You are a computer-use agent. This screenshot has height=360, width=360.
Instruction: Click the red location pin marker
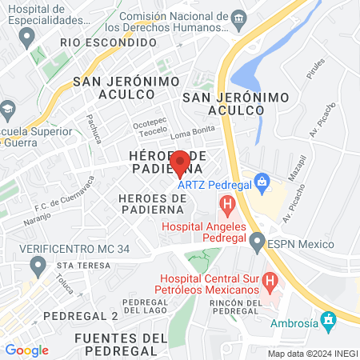(181, 162)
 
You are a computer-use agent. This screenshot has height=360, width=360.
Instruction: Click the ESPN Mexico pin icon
(257, 240)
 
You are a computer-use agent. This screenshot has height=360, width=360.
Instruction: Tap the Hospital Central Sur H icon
(270, 282)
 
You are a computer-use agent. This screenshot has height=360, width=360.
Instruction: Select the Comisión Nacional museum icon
(238, 18)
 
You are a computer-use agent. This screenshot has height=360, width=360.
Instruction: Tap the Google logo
(26, 350)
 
